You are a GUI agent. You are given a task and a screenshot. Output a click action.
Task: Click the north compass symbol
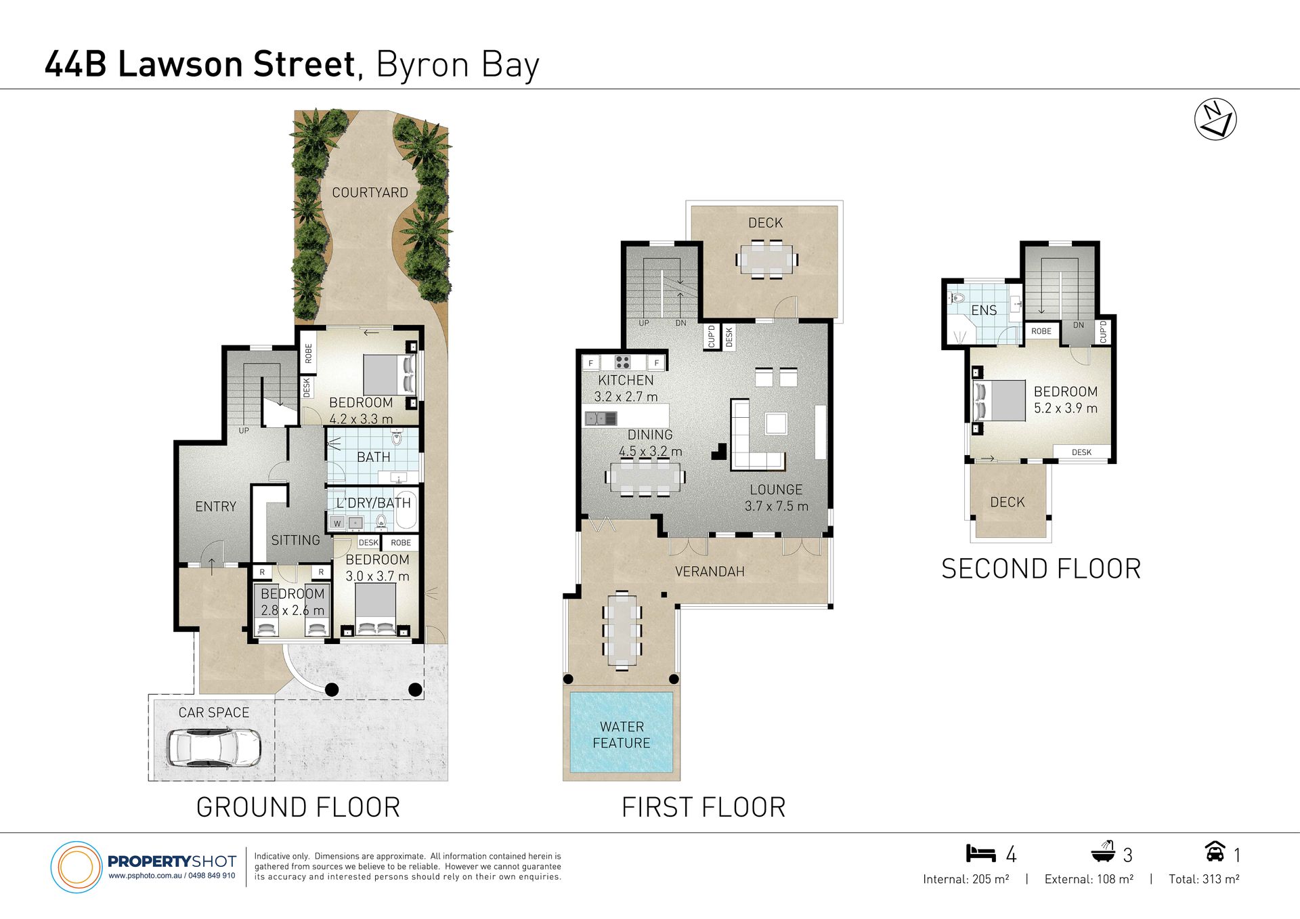(x=1215, y=119)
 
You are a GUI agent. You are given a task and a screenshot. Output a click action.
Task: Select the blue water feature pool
(x=622, y=732)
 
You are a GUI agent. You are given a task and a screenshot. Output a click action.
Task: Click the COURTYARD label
(x=370, y=193)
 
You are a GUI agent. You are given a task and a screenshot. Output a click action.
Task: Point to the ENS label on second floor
(x=984, y=310)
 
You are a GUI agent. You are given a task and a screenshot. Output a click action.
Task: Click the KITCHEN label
(x=626, y=381)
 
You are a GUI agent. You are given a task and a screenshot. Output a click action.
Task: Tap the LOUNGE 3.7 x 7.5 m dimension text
(x=777, y=506)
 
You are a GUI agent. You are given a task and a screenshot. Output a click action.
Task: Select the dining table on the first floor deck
(x=766, y=260)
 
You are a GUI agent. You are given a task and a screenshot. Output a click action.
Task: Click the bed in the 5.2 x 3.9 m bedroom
(x=999, y=401)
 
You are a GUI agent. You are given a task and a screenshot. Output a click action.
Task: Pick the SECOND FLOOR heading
(x=1041, y=569)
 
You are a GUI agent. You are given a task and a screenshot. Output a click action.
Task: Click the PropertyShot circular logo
(x=76, y=867)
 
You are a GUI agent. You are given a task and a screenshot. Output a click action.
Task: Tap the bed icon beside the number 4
(x=981, y=853)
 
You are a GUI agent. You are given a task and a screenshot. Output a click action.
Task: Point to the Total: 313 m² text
(x=1204, y=879)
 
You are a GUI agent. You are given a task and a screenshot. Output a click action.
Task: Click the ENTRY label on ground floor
(x=216, y=507)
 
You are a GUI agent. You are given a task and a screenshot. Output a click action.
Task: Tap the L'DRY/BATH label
(x=374, y=503)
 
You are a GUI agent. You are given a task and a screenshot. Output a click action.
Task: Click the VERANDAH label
(x=710, y=572)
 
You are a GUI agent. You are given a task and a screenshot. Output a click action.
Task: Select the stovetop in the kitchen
(x=623, y=362)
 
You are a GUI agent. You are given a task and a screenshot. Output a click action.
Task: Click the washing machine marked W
(x=337, y=523)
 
